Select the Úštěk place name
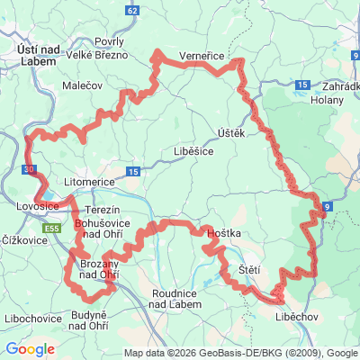pyautogui.click(x=230, y=133)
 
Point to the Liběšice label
pyautogui.click(x=193, y=152)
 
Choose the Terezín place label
pyautogui.click(x=102, y=209)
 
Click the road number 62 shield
pyautogui.click(x=133, y=10)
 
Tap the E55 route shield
pyautogui.click(x=54, y=229)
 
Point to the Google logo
pyautogui.click(x=30, y=349)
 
